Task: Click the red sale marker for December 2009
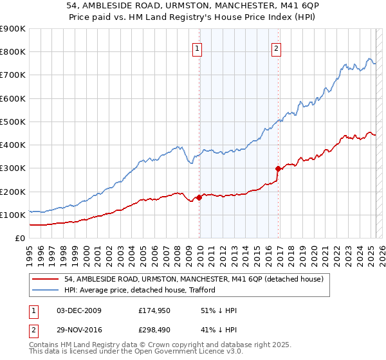tap(199, 198)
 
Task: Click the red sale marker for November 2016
tap(279, 169)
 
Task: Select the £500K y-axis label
tap(13, 122)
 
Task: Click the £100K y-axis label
tap(13, 215)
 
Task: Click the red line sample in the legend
tap(46, 278)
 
